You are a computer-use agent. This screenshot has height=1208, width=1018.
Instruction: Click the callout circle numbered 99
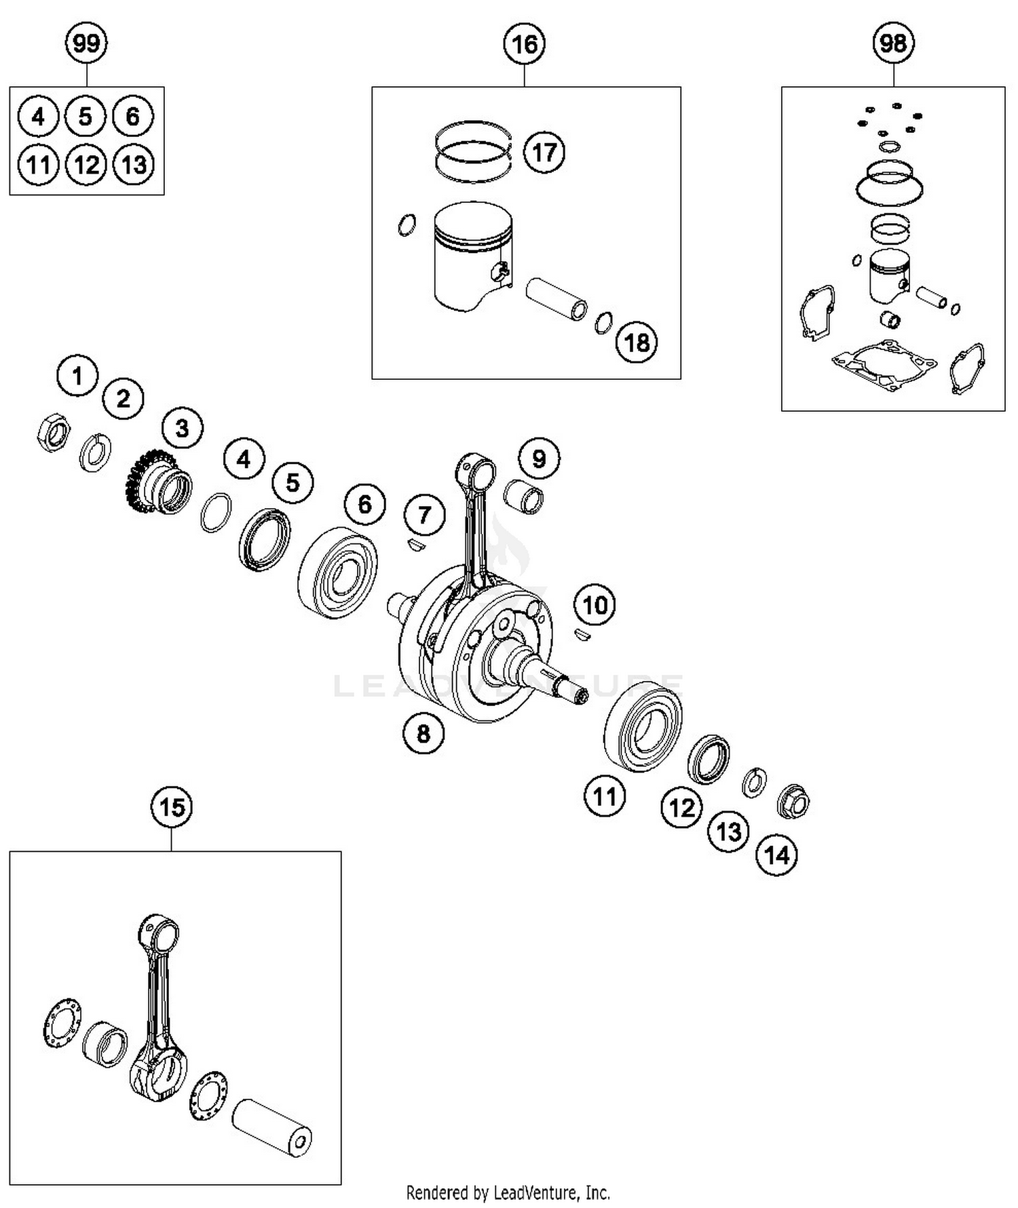86,44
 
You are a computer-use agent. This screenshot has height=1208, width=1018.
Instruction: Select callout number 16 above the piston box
525,44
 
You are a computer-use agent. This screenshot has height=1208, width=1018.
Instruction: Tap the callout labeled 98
893,44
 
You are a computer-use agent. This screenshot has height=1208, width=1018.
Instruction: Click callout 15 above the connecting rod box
172,807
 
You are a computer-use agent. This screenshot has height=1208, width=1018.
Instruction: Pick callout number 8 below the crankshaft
423,733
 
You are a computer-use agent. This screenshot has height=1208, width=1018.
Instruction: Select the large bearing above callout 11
643,726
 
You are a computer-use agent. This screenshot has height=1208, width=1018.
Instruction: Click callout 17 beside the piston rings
544,152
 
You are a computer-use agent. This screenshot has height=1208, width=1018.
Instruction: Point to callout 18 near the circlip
636,342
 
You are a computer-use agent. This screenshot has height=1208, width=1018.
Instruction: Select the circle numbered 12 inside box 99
86,165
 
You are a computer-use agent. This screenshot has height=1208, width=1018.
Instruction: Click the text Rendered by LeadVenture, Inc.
508,1192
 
